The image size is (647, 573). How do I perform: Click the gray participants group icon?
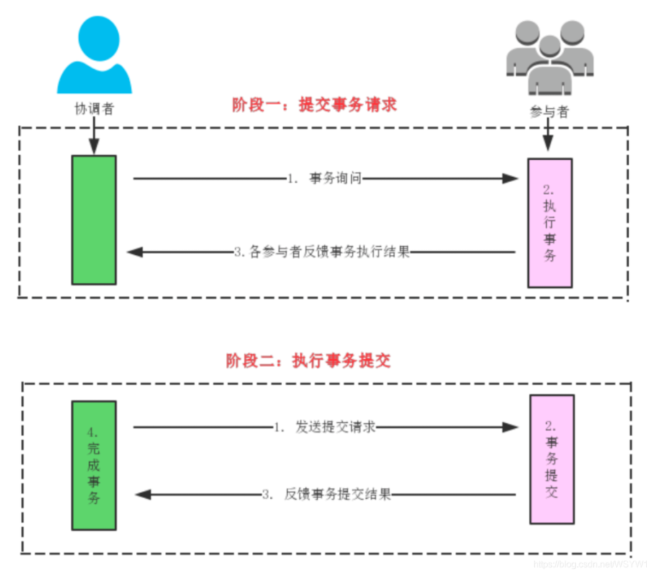click(x=550, y=60)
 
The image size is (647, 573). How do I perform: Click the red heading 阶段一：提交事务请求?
click(x=314, y=104)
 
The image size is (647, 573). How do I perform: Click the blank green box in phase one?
click(x=94, y=220)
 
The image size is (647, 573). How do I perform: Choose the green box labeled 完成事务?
click(x=94, y=466)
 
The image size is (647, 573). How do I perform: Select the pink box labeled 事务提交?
click(x=551, y=459)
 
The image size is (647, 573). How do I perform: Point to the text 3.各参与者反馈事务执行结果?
click(x=322, y=253)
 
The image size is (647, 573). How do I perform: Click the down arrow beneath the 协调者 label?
click(x=94, y=137)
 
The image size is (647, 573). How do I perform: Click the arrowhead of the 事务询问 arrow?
click(x=510, y=179)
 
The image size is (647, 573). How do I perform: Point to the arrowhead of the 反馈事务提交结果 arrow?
click(x=142, y=495)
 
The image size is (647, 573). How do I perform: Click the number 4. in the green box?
click(x=92, y=433)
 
